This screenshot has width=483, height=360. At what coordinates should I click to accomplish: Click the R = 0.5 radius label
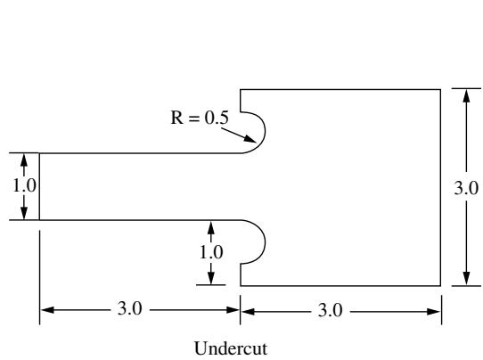point(200,118)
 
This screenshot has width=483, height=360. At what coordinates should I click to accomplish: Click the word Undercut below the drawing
point(231,348)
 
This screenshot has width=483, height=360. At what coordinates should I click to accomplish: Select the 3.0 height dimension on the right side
point(466,188)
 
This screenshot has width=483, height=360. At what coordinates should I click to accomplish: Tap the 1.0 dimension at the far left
point(24,185)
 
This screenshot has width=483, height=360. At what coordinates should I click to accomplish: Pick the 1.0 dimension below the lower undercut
point(211,252)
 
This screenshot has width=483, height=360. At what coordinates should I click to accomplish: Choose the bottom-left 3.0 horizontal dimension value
point(130,308)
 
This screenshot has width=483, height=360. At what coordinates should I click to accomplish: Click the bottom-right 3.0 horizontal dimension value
point(330,310)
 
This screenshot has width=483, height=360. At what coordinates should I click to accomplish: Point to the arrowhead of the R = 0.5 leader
point(250,139)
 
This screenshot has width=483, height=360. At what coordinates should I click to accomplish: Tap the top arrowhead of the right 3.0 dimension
point(467,95)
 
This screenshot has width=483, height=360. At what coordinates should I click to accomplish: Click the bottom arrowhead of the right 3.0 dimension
point(467,279)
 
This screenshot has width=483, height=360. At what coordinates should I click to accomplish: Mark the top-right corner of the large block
point(440,90)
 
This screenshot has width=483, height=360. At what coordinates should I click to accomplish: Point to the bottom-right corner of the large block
point(440,286)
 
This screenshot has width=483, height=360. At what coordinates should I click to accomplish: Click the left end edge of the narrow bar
point(39,186)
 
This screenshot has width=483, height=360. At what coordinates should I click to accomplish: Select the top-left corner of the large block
point(241,90)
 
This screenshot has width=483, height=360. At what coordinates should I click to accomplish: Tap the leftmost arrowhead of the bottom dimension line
point(47,310)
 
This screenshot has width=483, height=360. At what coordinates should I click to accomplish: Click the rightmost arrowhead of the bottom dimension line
point(434,312)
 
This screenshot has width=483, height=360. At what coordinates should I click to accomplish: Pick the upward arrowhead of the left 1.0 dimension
point(24,160)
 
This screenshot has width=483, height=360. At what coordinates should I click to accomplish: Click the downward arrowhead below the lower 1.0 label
point(211,278)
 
